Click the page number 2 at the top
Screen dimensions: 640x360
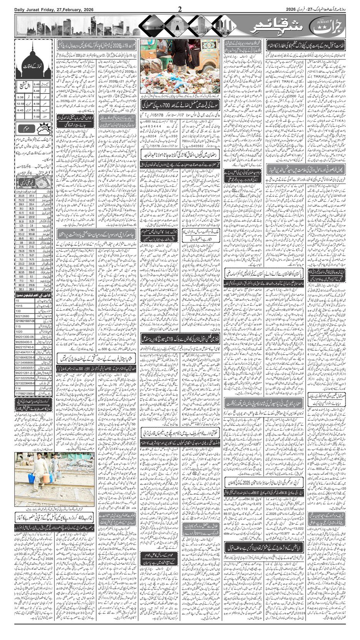tap(180, 9)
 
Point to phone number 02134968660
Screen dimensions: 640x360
tap(25, 362)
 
